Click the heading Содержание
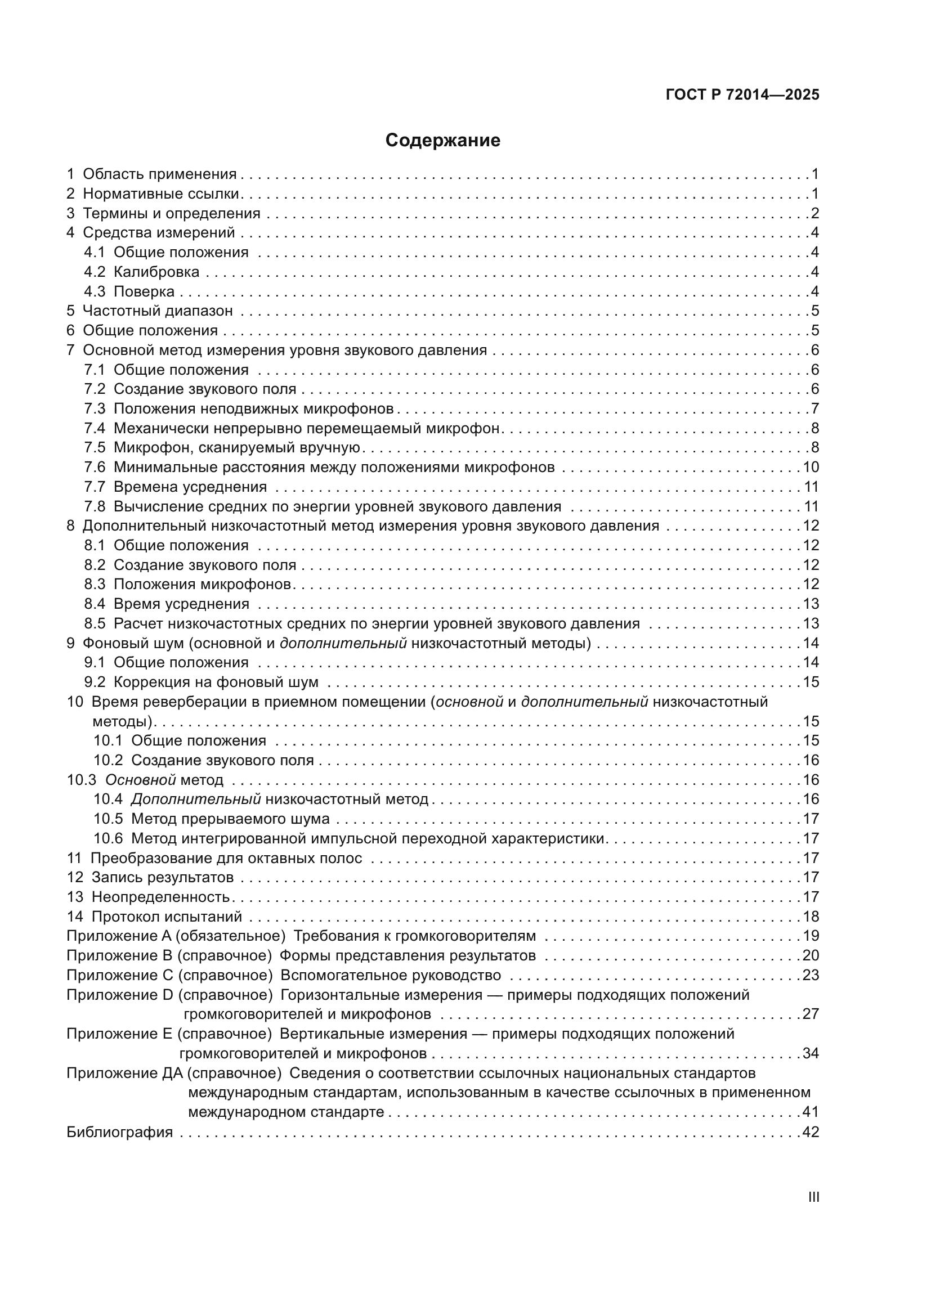(x=442, y=141)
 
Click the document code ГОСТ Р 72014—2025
(x=742, y=95)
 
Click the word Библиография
(x=119, y=1132)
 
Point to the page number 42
(x=810, y=1132)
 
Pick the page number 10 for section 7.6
(x=810, y=467)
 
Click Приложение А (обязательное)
(x=176, y=936)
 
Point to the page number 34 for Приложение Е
(x=810, y=1053)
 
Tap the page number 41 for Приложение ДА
(x=810, y=1112)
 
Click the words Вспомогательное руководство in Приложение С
(x=391, y=975)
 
